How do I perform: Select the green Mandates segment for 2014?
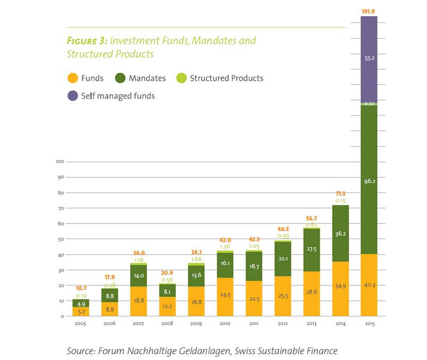pyautogui.click(x=340, y=233)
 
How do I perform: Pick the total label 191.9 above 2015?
pyautogui.click(x=369, y=10)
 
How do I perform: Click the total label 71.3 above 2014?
pyautogui.click(x=340, y=193)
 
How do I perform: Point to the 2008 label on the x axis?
pyautogui.click(x=167, y=323)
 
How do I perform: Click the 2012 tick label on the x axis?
pyautogui.click(x=282, y=323)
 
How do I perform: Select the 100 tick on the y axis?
pyautogui.click(x=60, y=162)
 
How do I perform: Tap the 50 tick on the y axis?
pyautogui.click(x=62, y=239)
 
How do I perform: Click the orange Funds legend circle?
pyautogui.click(x=72, y=78)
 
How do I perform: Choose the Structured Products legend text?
pyautogui.click(x=227, y=78)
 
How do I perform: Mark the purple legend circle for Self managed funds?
pyautogui.click(x=72, y=96)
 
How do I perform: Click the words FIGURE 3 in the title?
pyautogui.click(x=86, y=41)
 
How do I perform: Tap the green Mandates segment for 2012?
pyautogui.click(x=282, y=258)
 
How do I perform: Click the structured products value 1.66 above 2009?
pyautogui.click(x=196, y=259)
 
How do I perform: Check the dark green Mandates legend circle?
pyautogui.click(x=120, y=78)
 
